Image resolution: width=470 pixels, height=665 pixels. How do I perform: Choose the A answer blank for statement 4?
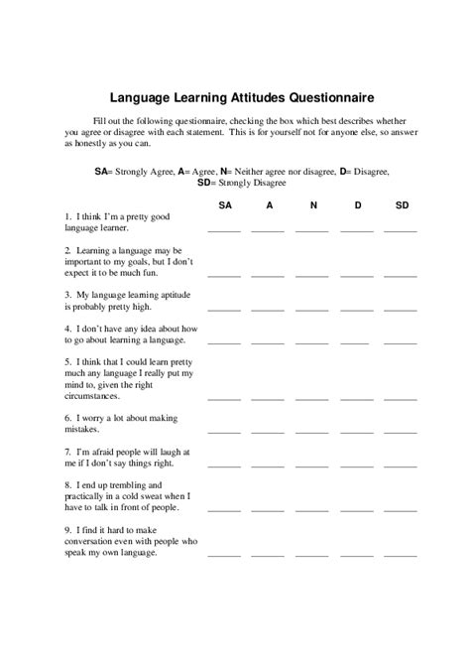(268, 340)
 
